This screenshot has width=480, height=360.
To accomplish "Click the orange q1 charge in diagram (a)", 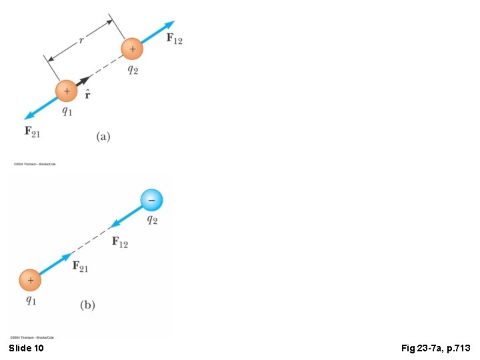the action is click(66, 91).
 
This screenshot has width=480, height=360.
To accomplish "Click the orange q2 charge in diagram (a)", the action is click(132, 49).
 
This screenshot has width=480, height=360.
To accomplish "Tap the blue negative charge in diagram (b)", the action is click(151, 199).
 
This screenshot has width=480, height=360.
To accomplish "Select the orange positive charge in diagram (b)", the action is click(29, 281).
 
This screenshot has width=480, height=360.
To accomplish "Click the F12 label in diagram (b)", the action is click(120, 242).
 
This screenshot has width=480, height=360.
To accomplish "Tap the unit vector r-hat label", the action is click(87, 95).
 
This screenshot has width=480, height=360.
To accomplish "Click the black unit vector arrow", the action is click(83, 80).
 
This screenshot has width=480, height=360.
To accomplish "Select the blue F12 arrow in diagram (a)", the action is click(158, 32).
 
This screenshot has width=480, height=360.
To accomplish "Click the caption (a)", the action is click(103, 137).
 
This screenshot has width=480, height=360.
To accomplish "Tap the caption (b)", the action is click(87, 305).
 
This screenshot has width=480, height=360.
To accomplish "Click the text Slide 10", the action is click(27, 348).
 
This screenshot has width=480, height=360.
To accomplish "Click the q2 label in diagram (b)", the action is click(152, 220).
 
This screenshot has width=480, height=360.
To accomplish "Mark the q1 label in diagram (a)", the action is click(67, 111).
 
